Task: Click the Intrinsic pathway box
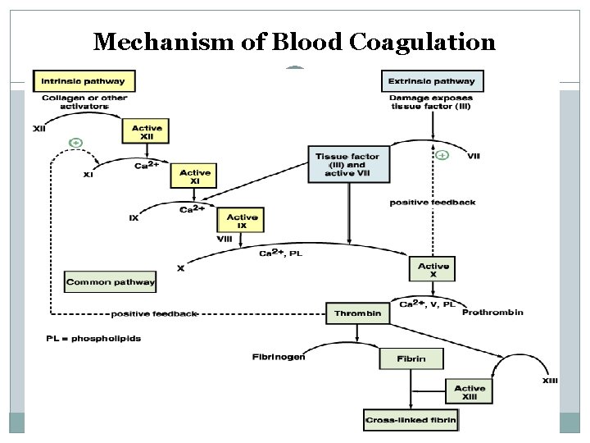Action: [84, 80]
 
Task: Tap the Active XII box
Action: [147, 132]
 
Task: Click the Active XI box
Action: [194, 176]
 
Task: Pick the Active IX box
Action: [241, 221]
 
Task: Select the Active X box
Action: [433, 270]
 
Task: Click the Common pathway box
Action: [110, 281]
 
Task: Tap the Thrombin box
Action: [358, 313]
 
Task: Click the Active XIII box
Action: [470, 392]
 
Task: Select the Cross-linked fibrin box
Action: [411, 420]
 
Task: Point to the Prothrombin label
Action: [493, 313]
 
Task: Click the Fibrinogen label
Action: [279, 356]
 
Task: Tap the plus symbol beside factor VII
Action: [442, 155]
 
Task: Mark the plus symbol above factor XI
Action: [76, 143]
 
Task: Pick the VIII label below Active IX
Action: [225, 238]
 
